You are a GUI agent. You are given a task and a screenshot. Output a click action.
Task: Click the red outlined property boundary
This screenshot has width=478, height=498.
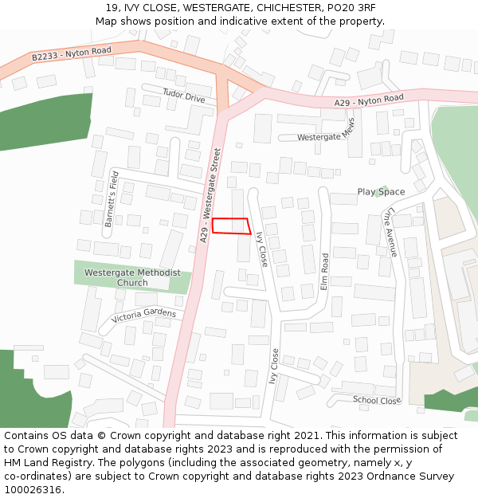coord(231,225)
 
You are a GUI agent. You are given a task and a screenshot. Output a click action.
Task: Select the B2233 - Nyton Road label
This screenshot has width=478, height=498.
coord(72,54)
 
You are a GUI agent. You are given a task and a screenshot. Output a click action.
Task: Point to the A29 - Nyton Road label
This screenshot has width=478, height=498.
coord(369,100)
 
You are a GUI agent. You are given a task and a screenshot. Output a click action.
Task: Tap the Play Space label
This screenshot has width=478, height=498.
coord(381,192)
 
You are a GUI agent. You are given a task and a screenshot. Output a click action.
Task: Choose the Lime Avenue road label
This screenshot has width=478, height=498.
coord(389,233)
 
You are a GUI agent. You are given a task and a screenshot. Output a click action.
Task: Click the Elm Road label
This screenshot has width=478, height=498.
coord(324,272)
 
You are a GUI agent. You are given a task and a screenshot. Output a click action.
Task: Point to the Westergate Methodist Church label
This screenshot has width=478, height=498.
coord(132,277)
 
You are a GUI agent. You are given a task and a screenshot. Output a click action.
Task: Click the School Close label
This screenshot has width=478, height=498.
coord(377,400)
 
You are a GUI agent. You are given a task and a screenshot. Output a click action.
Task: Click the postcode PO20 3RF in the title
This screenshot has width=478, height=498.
coord(347,7)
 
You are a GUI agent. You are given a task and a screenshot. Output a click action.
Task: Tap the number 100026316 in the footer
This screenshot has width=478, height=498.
coord(33,489)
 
